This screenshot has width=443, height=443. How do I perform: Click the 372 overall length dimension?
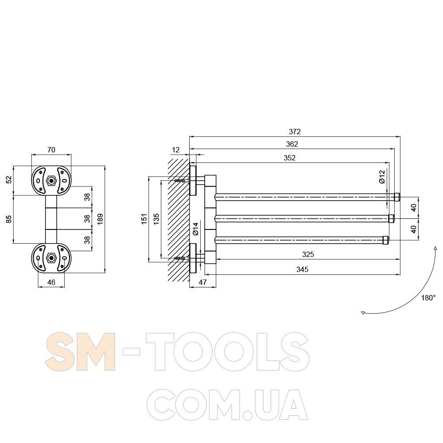pos(295,132)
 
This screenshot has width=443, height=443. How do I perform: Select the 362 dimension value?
pos(292,144)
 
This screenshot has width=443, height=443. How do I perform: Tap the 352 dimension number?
pos(290,158)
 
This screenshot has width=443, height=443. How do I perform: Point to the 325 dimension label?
pos(308,254)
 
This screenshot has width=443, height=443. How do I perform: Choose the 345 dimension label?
pos(302,269)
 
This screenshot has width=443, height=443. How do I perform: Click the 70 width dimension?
pos(51,150)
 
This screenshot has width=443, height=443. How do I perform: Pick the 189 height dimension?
pos(100,219)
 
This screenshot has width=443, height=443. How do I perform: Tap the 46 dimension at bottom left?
pos(51,282)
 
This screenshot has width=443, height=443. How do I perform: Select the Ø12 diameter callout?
pos(382,177)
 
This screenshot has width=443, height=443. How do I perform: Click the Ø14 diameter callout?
pos(196,229)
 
